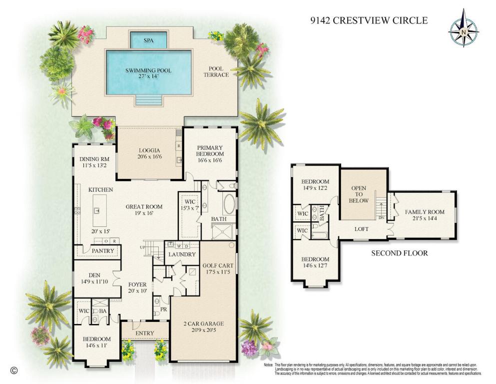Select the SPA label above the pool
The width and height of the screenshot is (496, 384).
coord(148,40)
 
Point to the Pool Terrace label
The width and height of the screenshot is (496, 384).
coord(218,71)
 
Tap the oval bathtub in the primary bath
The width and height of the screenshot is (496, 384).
coord(229,205)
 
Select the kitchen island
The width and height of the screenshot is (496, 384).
coord(97,209)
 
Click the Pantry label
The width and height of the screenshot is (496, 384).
coord(103,250)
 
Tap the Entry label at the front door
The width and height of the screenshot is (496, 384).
coord(144,333)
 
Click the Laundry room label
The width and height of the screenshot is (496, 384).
coord(182,254)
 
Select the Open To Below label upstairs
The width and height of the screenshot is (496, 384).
coord(359,194)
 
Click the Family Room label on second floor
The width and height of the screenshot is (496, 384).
coord(424,215)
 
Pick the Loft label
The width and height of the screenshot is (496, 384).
coord(361,229)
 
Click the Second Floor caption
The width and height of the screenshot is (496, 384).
coord(399,253)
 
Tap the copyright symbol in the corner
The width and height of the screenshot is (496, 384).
coord(14,370)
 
